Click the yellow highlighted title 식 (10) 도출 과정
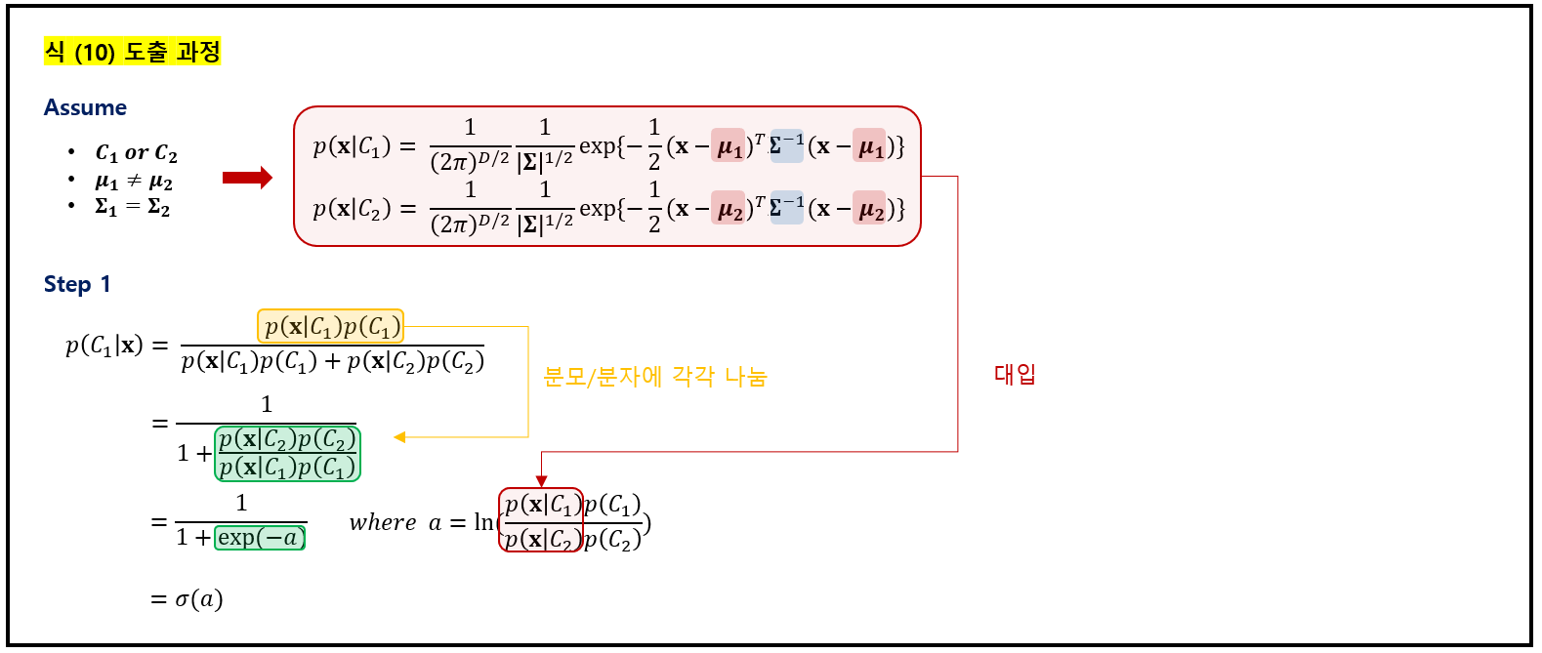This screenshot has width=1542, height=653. pos(133,51)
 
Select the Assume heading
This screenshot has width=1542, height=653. pos(85,107)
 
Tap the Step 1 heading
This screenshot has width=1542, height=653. pos(77,284)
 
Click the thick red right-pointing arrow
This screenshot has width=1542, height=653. pos(247,178)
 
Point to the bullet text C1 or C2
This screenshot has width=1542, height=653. pos(136,153)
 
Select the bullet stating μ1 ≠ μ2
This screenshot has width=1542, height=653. pos(134,182)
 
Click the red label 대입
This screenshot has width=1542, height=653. pos(1015,374)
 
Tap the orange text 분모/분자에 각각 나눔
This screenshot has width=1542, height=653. pos(655,377)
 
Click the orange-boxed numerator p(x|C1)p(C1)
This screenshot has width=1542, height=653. pos(331,326)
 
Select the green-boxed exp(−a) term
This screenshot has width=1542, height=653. pos(260,537)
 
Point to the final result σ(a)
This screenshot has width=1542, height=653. pos(199,598)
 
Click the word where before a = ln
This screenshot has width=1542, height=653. pos(383,523)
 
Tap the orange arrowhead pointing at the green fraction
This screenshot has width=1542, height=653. pos(399,437)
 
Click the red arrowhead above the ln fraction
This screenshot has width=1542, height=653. pos(542,480)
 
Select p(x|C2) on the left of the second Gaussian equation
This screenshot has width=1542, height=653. pos(352,209)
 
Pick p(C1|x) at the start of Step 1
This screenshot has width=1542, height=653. pos(104,346)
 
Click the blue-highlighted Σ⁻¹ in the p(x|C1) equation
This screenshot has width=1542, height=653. pos(786,145)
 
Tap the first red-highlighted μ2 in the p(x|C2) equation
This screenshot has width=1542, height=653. pos(729,209)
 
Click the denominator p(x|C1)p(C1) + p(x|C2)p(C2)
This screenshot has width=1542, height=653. pos(332,362)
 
